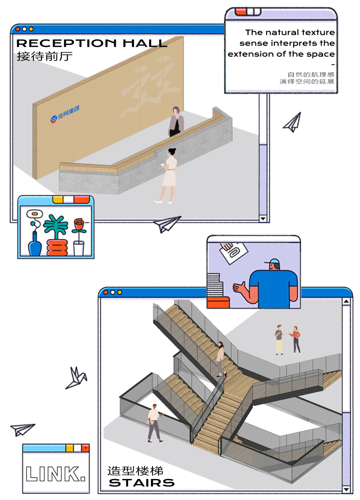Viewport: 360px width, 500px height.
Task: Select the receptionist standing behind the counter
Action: pos(176,122)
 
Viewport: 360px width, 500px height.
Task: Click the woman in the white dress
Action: pos(170,173)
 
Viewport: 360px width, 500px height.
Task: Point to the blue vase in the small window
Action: pos(34,245)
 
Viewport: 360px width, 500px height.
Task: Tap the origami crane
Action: pos(76,379)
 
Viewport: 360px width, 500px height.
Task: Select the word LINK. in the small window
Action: pos(56,474)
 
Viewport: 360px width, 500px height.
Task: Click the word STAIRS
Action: pos(142,483)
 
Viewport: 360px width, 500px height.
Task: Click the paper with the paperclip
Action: pos(233,252)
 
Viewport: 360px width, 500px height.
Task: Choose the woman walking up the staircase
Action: pos(221,359)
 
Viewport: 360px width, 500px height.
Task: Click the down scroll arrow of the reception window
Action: pos(263,219)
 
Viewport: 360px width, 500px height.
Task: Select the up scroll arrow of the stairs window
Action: pos(346,302)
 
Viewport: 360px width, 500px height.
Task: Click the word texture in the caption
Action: pos(318,32)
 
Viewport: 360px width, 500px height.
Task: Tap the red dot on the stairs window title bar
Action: pos(106,293)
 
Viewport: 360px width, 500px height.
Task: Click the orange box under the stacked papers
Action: pos(218,302)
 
